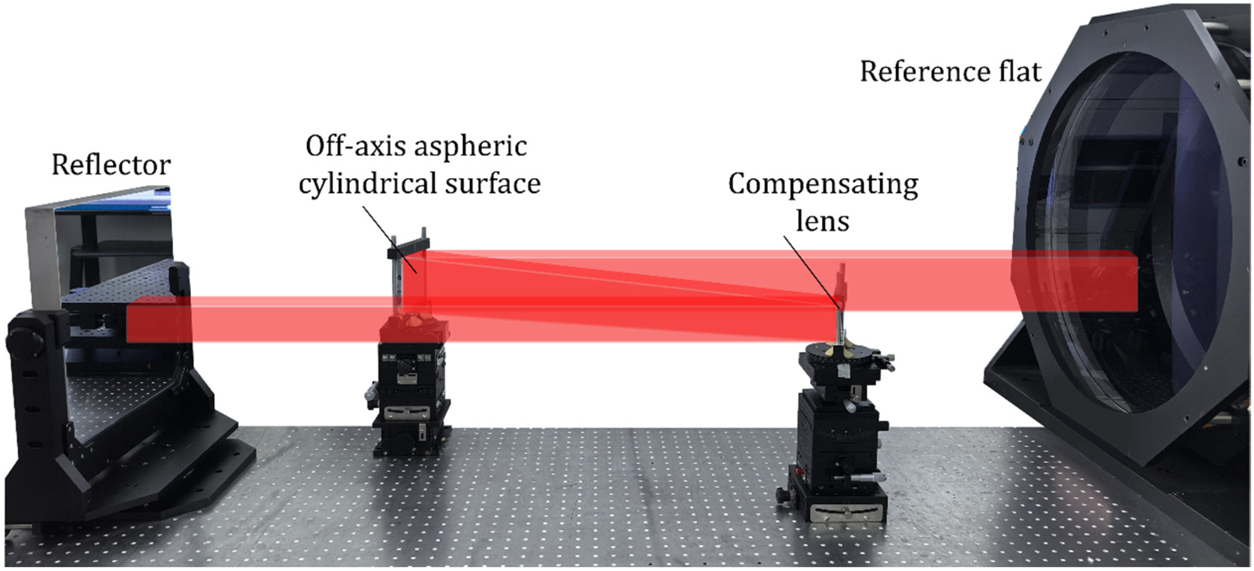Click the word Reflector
111,165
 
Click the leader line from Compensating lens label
811,271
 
